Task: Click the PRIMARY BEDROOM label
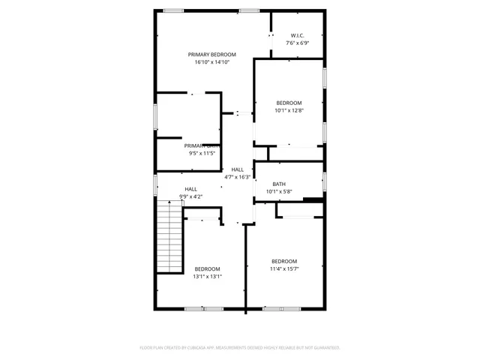[x=212, y=55]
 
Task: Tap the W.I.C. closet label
[x=298, y=35]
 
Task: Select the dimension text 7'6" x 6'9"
[x=298, y=43]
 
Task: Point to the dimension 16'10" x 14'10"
[x=212, y=62]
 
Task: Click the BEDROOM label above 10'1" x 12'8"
[x=289, y=103]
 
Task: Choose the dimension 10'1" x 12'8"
[x=289, y=110]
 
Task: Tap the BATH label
[x=279, y=184]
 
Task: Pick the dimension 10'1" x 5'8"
[x=279, y=191]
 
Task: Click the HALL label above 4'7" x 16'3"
[x=238, y=169]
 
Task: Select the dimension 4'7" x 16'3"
[x=238, y=177]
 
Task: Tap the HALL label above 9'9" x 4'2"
[x=191, y=189]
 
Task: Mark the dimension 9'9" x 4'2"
[x=191, y=196]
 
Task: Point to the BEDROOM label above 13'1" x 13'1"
[x=208, y=268]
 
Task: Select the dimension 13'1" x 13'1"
[x=208, y=276]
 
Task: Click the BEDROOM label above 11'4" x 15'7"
[x=284, y=261]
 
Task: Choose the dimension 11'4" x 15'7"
[x=284, y=268]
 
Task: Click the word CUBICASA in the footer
[x=195, y=348]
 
